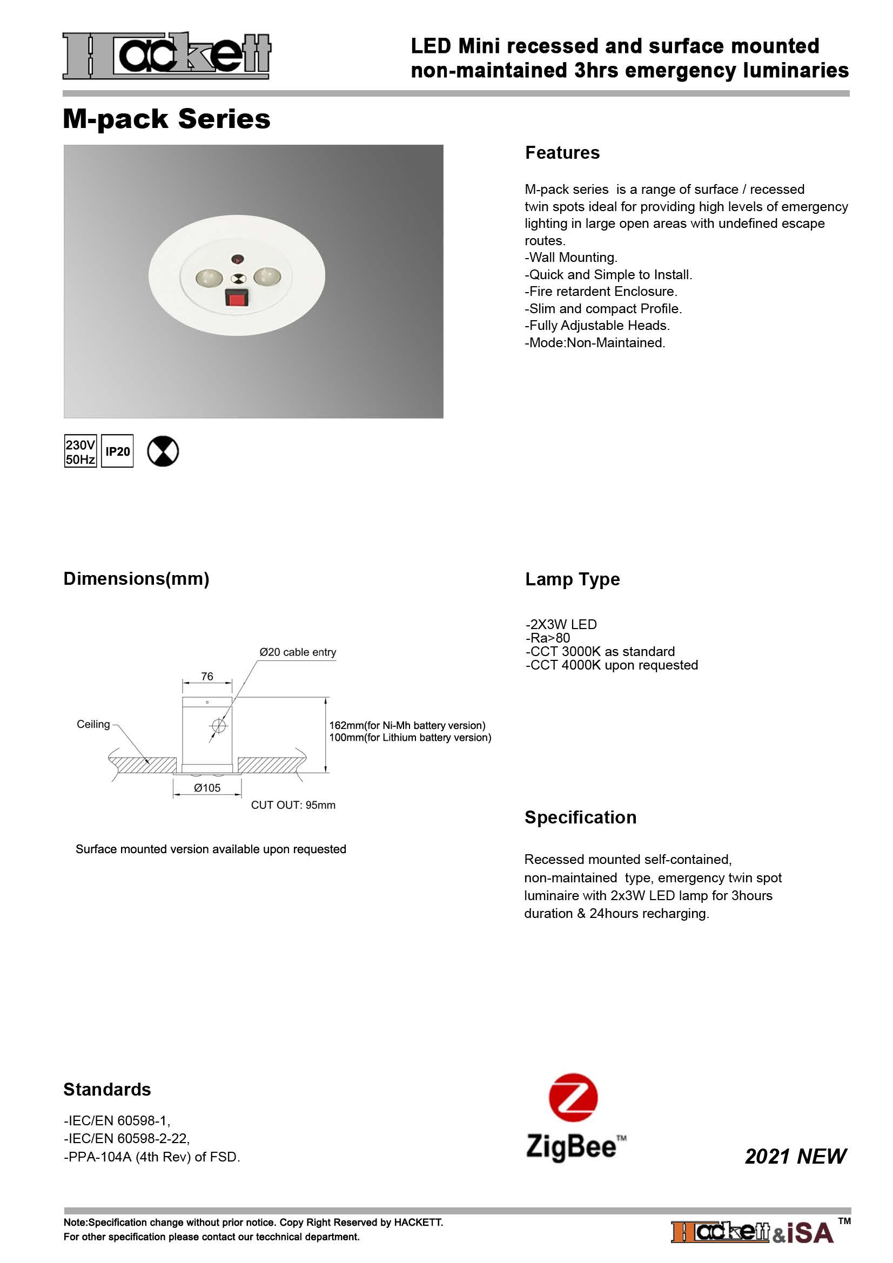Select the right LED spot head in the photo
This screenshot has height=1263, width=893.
(267, 274)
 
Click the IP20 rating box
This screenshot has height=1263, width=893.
(118, 451)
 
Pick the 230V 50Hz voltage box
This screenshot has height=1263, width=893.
(80, 451)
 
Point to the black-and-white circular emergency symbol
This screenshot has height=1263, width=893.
(163, 451)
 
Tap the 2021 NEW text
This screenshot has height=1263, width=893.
(795, 1156)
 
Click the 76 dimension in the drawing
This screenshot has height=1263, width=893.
(207, 676)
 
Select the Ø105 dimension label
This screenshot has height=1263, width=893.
(207, 788)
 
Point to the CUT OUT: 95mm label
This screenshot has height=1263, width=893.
(293, 805)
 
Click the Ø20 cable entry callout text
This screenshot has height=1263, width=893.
(298, 652)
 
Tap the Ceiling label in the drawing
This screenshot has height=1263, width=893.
(93, 724)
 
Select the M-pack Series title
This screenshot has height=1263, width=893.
(166, 119)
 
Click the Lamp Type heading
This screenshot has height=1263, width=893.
(572, 579)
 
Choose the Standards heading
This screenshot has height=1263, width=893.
(107, 1089)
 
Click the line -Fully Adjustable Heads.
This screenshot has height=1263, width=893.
(597, 325)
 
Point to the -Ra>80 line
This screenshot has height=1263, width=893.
(547, 638)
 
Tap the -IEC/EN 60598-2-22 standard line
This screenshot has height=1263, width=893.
(126, 1138)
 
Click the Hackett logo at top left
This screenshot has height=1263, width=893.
(166, 56)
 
